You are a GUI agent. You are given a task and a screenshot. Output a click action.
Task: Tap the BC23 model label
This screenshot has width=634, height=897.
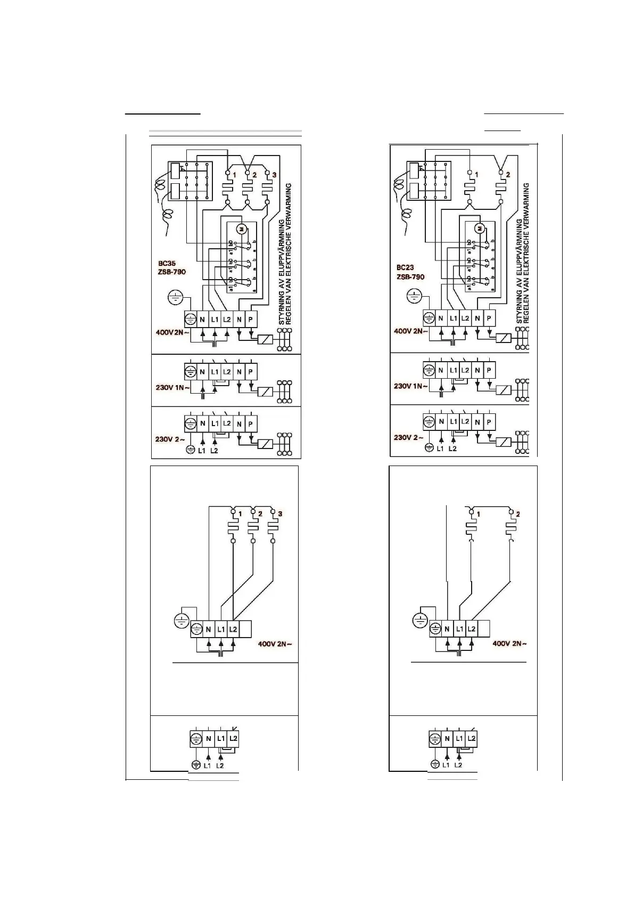pos(405,268)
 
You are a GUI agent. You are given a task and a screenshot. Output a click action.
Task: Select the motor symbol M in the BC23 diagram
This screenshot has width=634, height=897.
pos(480,229)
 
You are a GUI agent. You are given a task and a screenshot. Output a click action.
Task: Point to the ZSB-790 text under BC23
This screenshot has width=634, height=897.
pos(410,277)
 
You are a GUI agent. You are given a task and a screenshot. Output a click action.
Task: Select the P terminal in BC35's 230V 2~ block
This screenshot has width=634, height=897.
pos(251,424)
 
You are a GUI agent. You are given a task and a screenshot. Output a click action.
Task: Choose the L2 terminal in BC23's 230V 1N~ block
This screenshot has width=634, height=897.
pos(465,370)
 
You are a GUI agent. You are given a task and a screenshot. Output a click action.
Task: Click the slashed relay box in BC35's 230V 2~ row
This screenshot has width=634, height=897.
pos(265,444)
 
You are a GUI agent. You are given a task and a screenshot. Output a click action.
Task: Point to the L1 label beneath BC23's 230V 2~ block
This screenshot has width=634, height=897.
pos(440,449)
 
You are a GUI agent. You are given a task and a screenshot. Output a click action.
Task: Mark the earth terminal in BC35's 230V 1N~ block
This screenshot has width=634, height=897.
pos(190,372)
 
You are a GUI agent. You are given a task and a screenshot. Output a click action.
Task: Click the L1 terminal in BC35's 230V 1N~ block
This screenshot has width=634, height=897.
pos(215,372)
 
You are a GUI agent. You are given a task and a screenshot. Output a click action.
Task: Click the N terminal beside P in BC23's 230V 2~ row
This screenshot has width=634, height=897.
pos(477,422)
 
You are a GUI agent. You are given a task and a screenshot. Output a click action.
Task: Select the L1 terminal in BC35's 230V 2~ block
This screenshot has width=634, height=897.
pos(215,424)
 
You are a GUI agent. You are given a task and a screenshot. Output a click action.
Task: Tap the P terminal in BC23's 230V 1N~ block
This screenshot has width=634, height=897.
pos(489,370)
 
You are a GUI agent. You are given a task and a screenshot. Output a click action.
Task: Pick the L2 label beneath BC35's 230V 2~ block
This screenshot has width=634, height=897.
pos(215,451)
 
